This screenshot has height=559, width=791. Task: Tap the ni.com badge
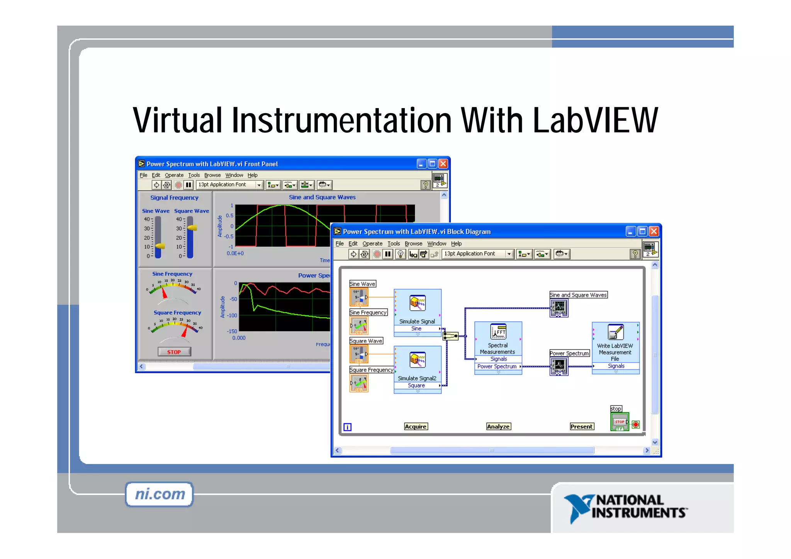point(160,494)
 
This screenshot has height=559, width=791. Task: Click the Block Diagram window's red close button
point(654,231)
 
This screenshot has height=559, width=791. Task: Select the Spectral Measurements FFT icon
point(498,332)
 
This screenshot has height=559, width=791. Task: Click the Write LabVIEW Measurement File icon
point(615,332)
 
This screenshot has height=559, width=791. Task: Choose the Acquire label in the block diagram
point(416,427)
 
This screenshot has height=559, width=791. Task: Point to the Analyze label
point(498,427)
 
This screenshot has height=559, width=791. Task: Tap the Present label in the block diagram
point(582,427)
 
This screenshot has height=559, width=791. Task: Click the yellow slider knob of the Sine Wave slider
point(160,246)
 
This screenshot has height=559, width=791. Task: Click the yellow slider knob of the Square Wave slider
point(192,228)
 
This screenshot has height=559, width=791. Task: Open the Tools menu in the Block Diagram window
point(394,244)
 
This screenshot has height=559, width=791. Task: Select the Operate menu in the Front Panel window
point(174,175)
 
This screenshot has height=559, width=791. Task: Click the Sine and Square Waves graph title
point(322,197)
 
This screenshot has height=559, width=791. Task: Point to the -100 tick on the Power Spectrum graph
point(232,315)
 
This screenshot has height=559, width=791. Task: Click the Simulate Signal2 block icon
point(418,360)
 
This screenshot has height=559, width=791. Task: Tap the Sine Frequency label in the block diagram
point(368,312)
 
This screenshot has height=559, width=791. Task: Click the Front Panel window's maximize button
point(432,164)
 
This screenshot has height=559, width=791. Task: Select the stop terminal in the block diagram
point(620,422)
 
